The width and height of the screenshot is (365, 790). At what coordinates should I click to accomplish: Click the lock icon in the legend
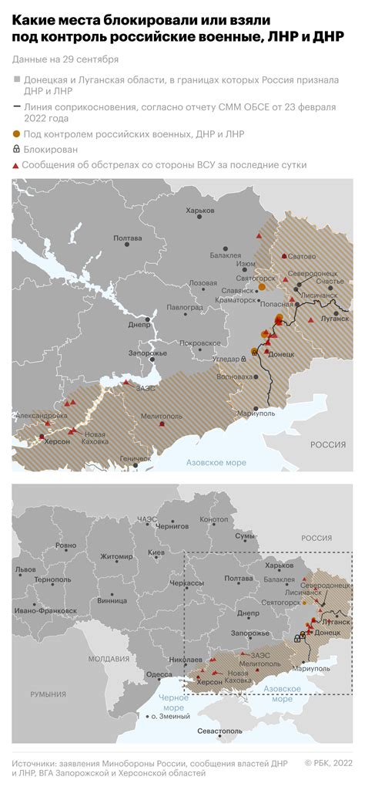[x=16, y=150]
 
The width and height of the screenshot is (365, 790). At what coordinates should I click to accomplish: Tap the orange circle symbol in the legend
[x=16, y=135]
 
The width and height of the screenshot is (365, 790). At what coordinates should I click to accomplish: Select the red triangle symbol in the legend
[x=16, y=165]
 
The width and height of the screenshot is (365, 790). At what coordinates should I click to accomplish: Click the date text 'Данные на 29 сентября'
[x=65, y=59]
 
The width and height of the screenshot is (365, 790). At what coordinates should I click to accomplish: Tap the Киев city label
[x=157, y=553]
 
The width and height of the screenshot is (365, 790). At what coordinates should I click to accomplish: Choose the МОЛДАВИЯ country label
[x=109, y=659]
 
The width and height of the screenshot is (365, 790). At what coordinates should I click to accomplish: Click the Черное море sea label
[x=172, y=702]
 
